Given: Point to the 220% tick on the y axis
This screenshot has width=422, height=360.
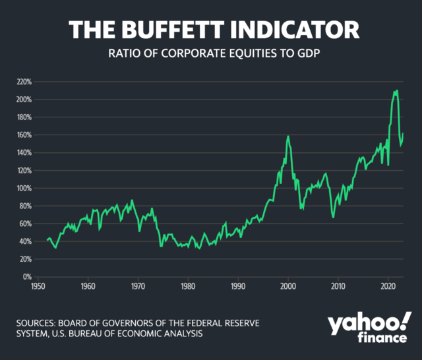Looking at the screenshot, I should pos(24,82).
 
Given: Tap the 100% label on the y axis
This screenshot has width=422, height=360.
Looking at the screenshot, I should pos(24,188).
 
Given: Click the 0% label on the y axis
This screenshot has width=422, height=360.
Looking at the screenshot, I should pos(27,277).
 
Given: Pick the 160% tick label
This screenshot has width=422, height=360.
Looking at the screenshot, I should pos(24,135).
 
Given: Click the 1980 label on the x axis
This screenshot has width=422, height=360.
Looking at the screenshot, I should pos(188,287).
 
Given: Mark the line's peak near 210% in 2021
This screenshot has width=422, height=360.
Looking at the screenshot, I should pos(396,91).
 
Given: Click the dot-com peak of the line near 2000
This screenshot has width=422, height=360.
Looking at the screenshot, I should pos(288,136).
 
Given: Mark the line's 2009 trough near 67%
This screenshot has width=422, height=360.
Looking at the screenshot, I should pos(333,217).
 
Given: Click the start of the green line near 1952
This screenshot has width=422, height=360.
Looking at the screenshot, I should pos(47,240).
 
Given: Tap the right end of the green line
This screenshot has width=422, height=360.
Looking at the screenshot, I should pos(403,134).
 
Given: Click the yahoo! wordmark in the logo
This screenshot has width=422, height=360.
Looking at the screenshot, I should pos(367,325).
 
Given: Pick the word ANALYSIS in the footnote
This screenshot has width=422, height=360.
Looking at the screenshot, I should pos(185,334).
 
